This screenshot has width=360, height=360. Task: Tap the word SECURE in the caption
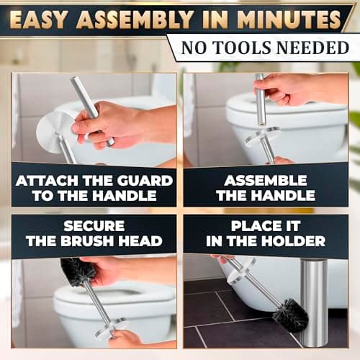[94, 225]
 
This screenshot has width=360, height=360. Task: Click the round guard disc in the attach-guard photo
[55, 132]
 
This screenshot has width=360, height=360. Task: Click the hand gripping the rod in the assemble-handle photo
[284, 89]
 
